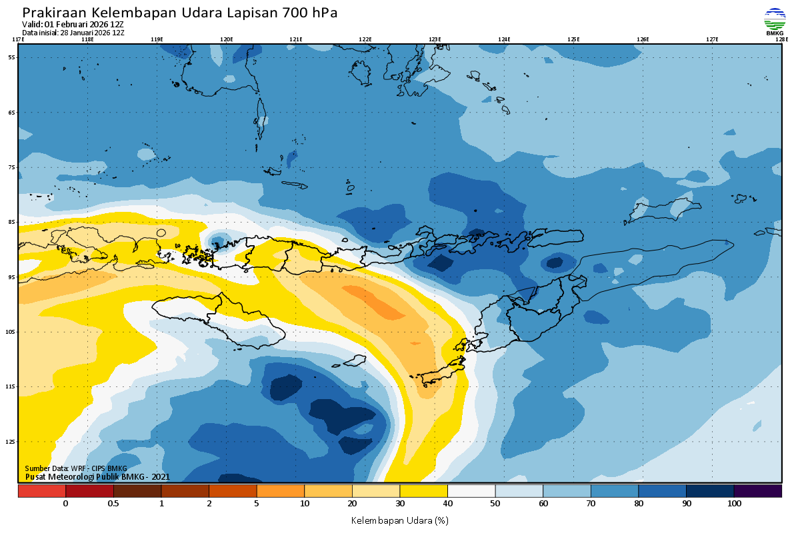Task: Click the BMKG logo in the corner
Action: click(x=775, y=21)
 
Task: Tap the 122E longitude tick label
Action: click(x=365, y=39)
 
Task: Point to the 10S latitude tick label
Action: click(x=11, y=332)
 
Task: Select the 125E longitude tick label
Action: click(x=573, y=39)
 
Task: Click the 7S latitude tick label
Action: click(x=11, y=167)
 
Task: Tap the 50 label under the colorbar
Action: click(x=495, y=504)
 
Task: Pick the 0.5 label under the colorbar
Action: click(x=113, y=504)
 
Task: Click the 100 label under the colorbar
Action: click(x=734, y=504)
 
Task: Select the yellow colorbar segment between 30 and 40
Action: click(x=423, y=491)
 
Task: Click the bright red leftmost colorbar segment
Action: click(x=41, y=491)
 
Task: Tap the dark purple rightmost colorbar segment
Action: click(x=758, y=491)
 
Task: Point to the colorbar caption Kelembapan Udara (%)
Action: click(x=399, y=520)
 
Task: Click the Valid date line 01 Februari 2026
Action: click(x=73, y=25)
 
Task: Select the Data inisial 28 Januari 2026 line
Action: click(x=73, y=33)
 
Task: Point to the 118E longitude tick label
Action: click(x=87, y=39)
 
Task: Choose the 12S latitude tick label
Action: click(x=11, y=442)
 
